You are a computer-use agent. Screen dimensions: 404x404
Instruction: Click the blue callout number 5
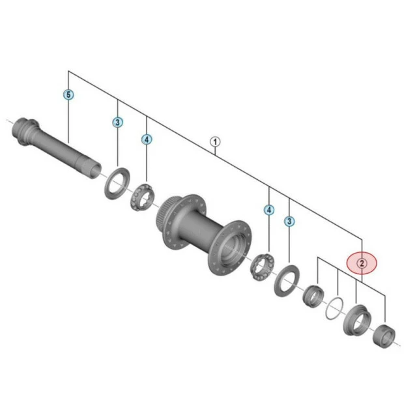click(69, 94)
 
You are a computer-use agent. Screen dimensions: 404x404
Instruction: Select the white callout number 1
click(216, 141)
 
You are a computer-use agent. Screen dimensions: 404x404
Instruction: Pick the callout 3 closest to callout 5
click(117, 122)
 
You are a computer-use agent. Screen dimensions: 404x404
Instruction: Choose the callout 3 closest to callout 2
click(289, 222)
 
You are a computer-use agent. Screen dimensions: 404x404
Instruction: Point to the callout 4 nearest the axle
click(147, 139)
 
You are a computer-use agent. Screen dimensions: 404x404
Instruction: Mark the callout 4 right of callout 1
click(269, 210)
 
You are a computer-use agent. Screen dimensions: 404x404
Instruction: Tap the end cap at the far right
click(382, 334)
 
